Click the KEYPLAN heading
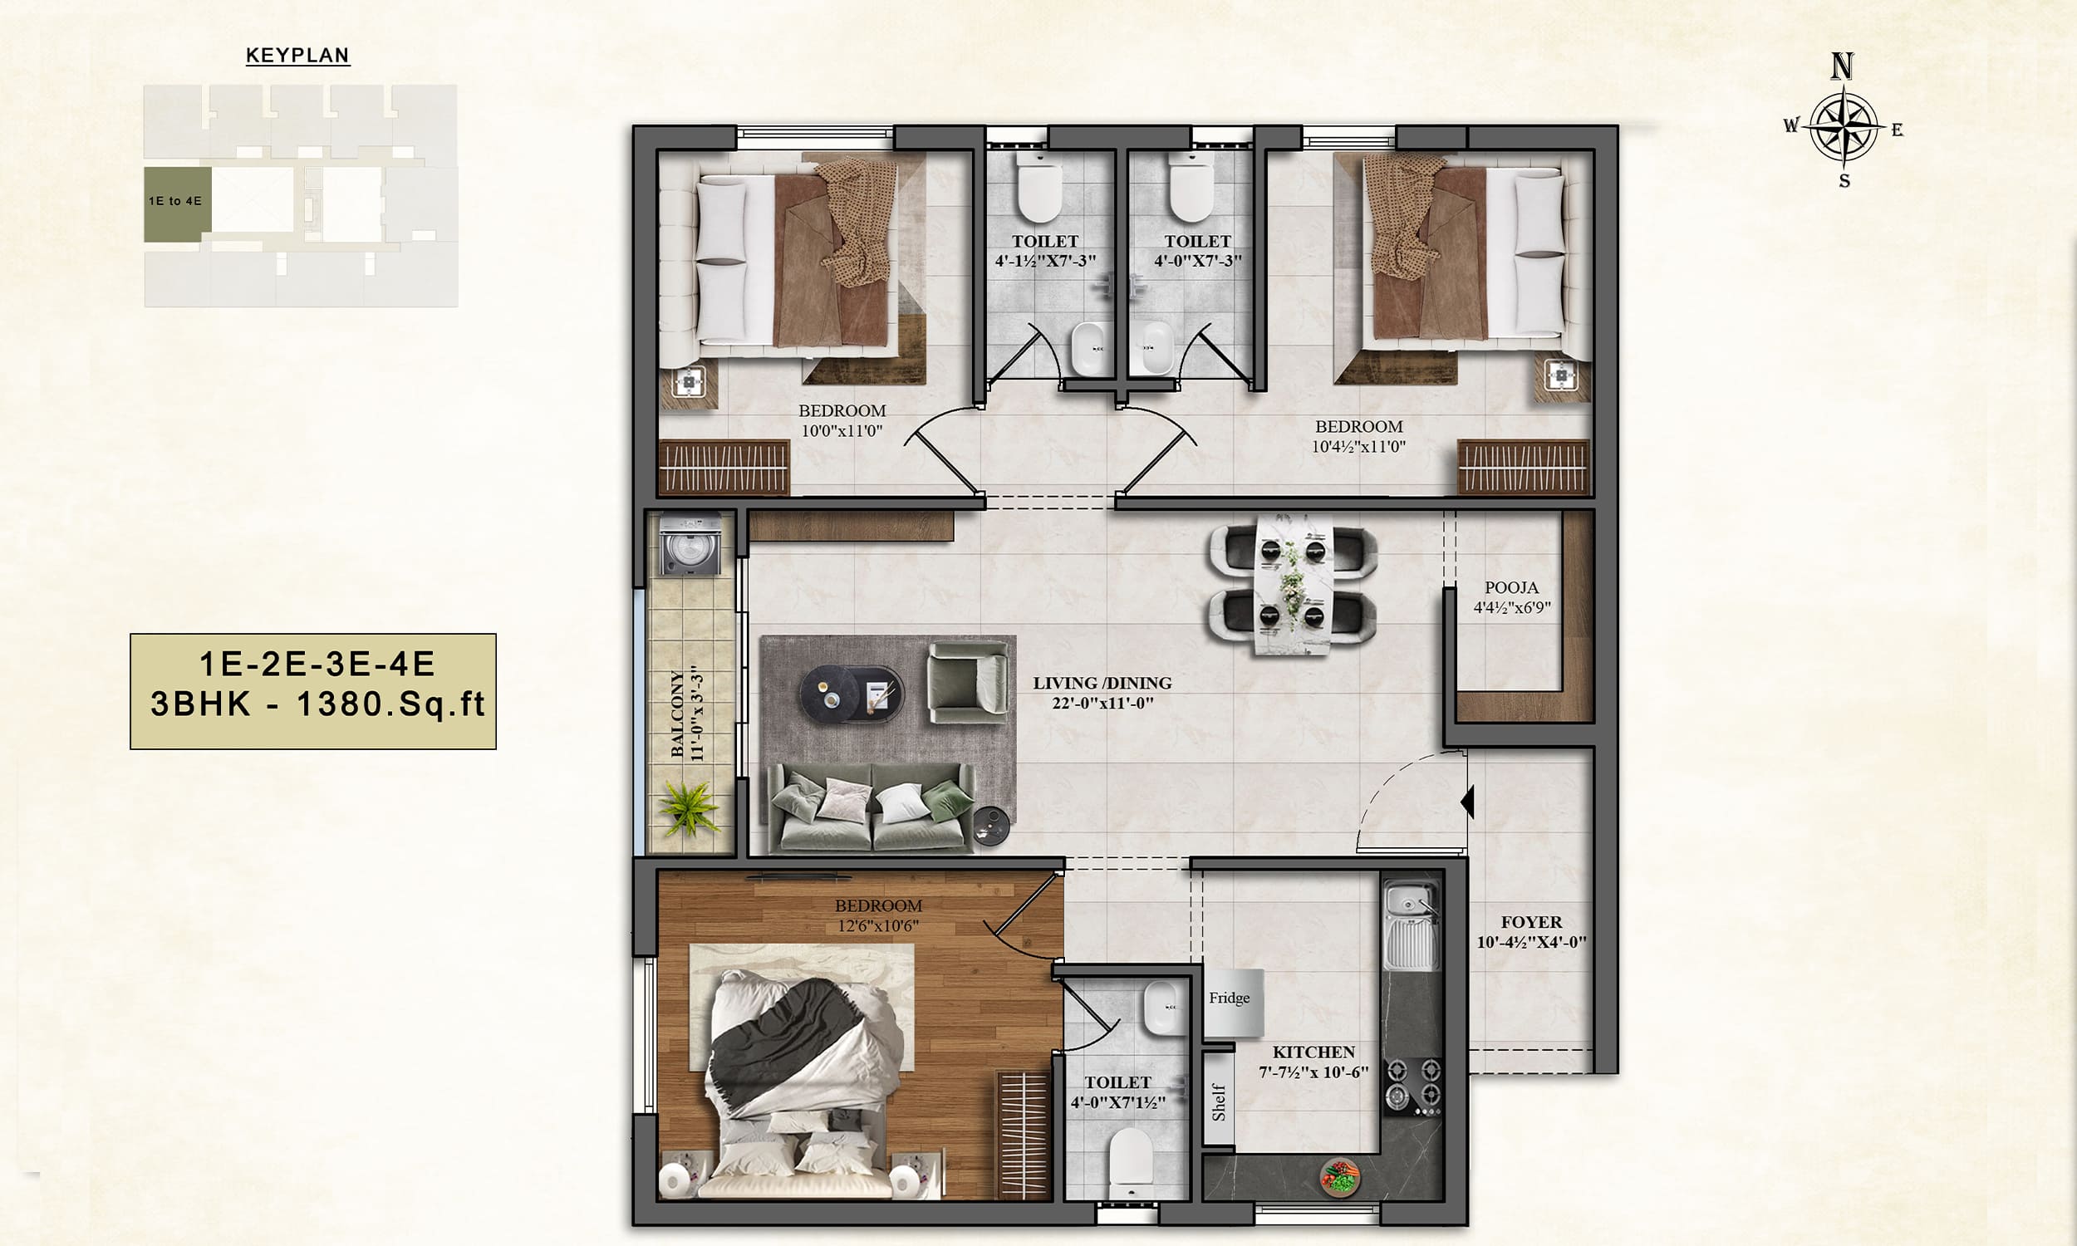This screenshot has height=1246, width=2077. pos(297,56)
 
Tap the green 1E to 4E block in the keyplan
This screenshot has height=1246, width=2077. pos(177,204)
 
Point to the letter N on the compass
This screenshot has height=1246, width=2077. pos(1842,66)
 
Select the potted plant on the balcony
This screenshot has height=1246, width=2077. pos(689,807)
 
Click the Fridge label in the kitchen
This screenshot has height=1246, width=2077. pos(1229,998)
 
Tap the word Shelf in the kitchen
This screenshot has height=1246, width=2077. pos(1218,1102)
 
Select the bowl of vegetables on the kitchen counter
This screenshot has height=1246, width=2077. pos(1340,1176)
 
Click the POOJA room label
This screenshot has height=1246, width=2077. pos(1511,588)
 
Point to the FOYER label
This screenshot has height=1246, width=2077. pos(1531,922)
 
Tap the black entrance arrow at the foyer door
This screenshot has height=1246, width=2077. pos(1467,801)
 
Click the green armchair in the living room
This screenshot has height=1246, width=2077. pos(968,682)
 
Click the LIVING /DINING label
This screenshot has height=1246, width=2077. pos(1102,684)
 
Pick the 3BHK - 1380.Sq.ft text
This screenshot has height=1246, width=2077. pos(317,704)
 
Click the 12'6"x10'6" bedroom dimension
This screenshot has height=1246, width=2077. pos(878,926)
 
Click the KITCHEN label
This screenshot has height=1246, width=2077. pos(1313,1052)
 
